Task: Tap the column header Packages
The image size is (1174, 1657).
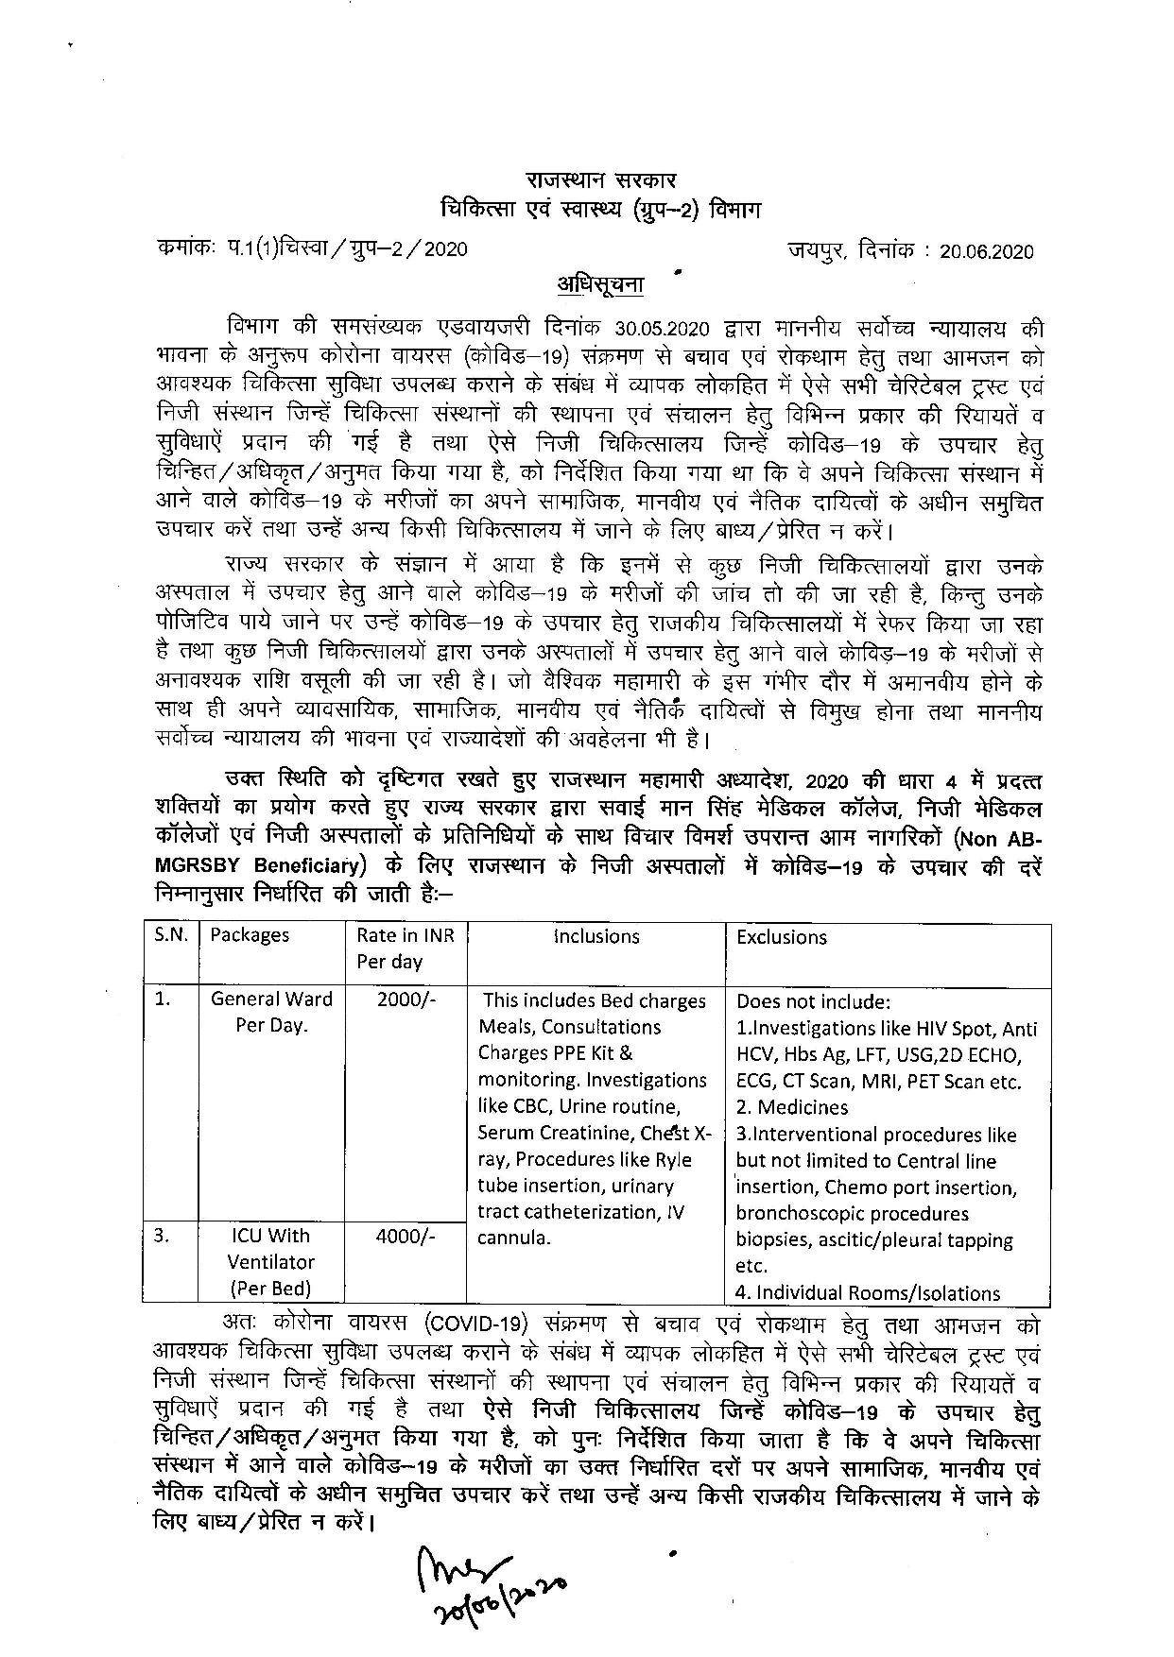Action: point(250,935)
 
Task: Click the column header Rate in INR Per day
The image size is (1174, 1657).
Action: point(406,948)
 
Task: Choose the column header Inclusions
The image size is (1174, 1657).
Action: point(596,936)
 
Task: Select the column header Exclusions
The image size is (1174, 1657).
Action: point(782,937)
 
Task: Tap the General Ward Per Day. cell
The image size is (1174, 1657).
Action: point(271,1013)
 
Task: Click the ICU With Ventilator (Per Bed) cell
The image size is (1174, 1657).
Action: point(274,1262)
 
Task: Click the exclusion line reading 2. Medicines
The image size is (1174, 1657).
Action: point(792,1107)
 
